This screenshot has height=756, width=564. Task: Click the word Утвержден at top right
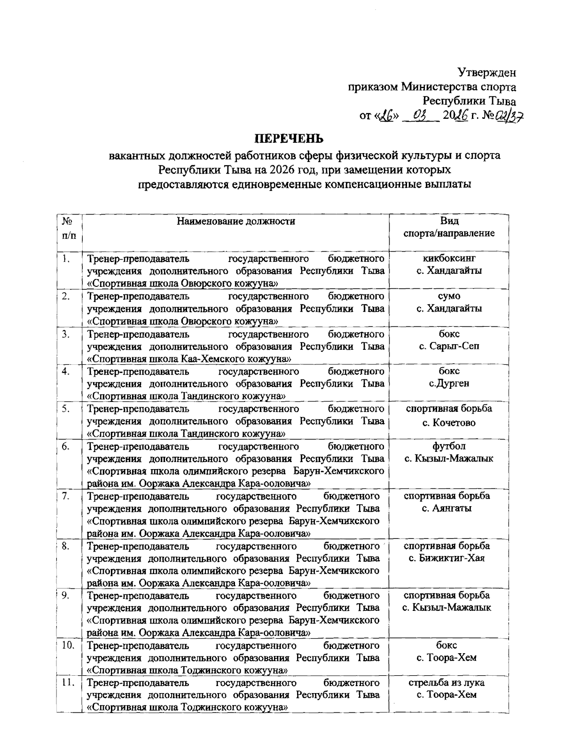click(487, 72)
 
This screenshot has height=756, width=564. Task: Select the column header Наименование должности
click(236, 221)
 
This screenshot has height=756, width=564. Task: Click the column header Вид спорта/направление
click(449, 227)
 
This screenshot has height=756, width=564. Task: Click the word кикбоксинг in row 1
click(449, 258)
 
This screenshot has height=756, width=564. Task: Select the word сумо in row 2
click(449, 296)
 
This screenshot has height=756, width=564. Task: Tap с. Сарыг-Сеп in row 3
click(449, 346)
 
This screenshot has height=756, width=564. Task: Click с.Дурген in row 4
click(449, 383)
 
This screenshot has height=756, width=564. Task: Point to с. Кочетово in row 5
click(449, 423)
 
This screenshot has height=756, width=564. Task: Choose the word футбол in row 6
click(449, 446)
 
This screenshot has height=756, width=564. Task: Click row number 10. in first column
click(69, 645)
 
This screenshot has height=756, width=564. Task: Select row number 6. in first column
click(66, 446)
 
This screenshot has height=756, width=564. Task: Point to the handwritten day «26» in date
click(389, 115)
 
